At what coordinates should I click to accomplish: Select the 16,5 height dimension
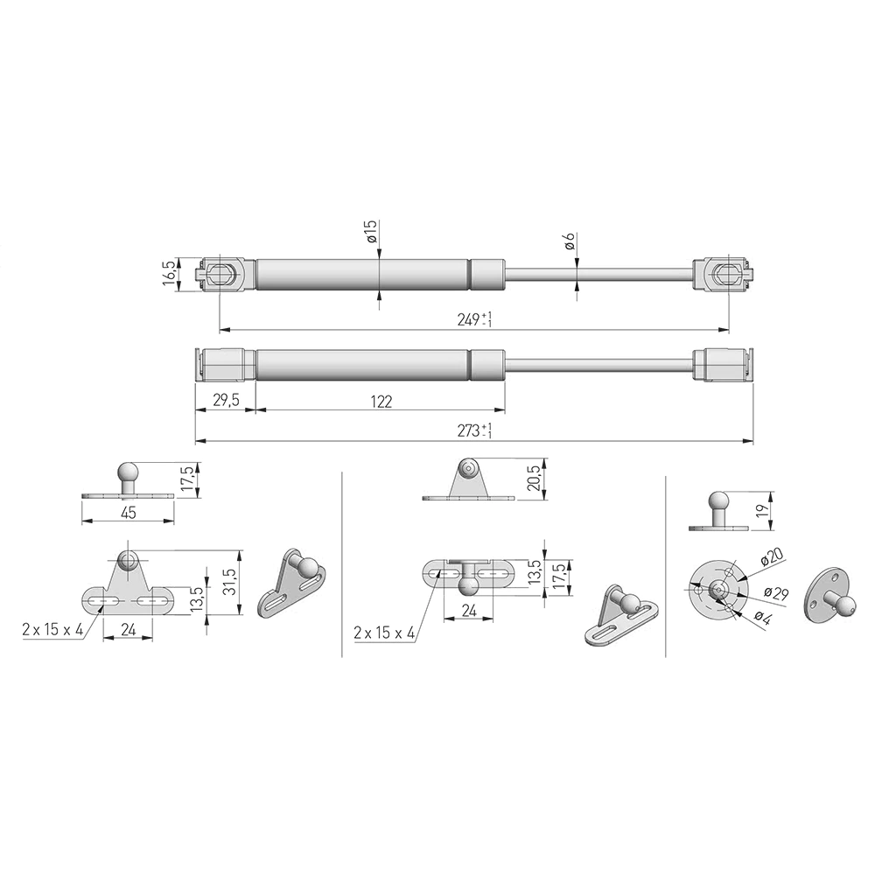click(170, 273)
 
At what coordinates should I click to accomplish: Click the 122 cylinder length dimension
click(381, 402)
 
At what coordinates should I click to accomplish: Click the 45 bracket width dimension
click(129, 512)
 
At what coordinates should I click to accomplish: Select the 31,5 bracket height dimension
click(230, 582)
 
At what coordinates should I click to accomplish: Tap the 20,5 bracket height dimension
click(535, 478)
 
